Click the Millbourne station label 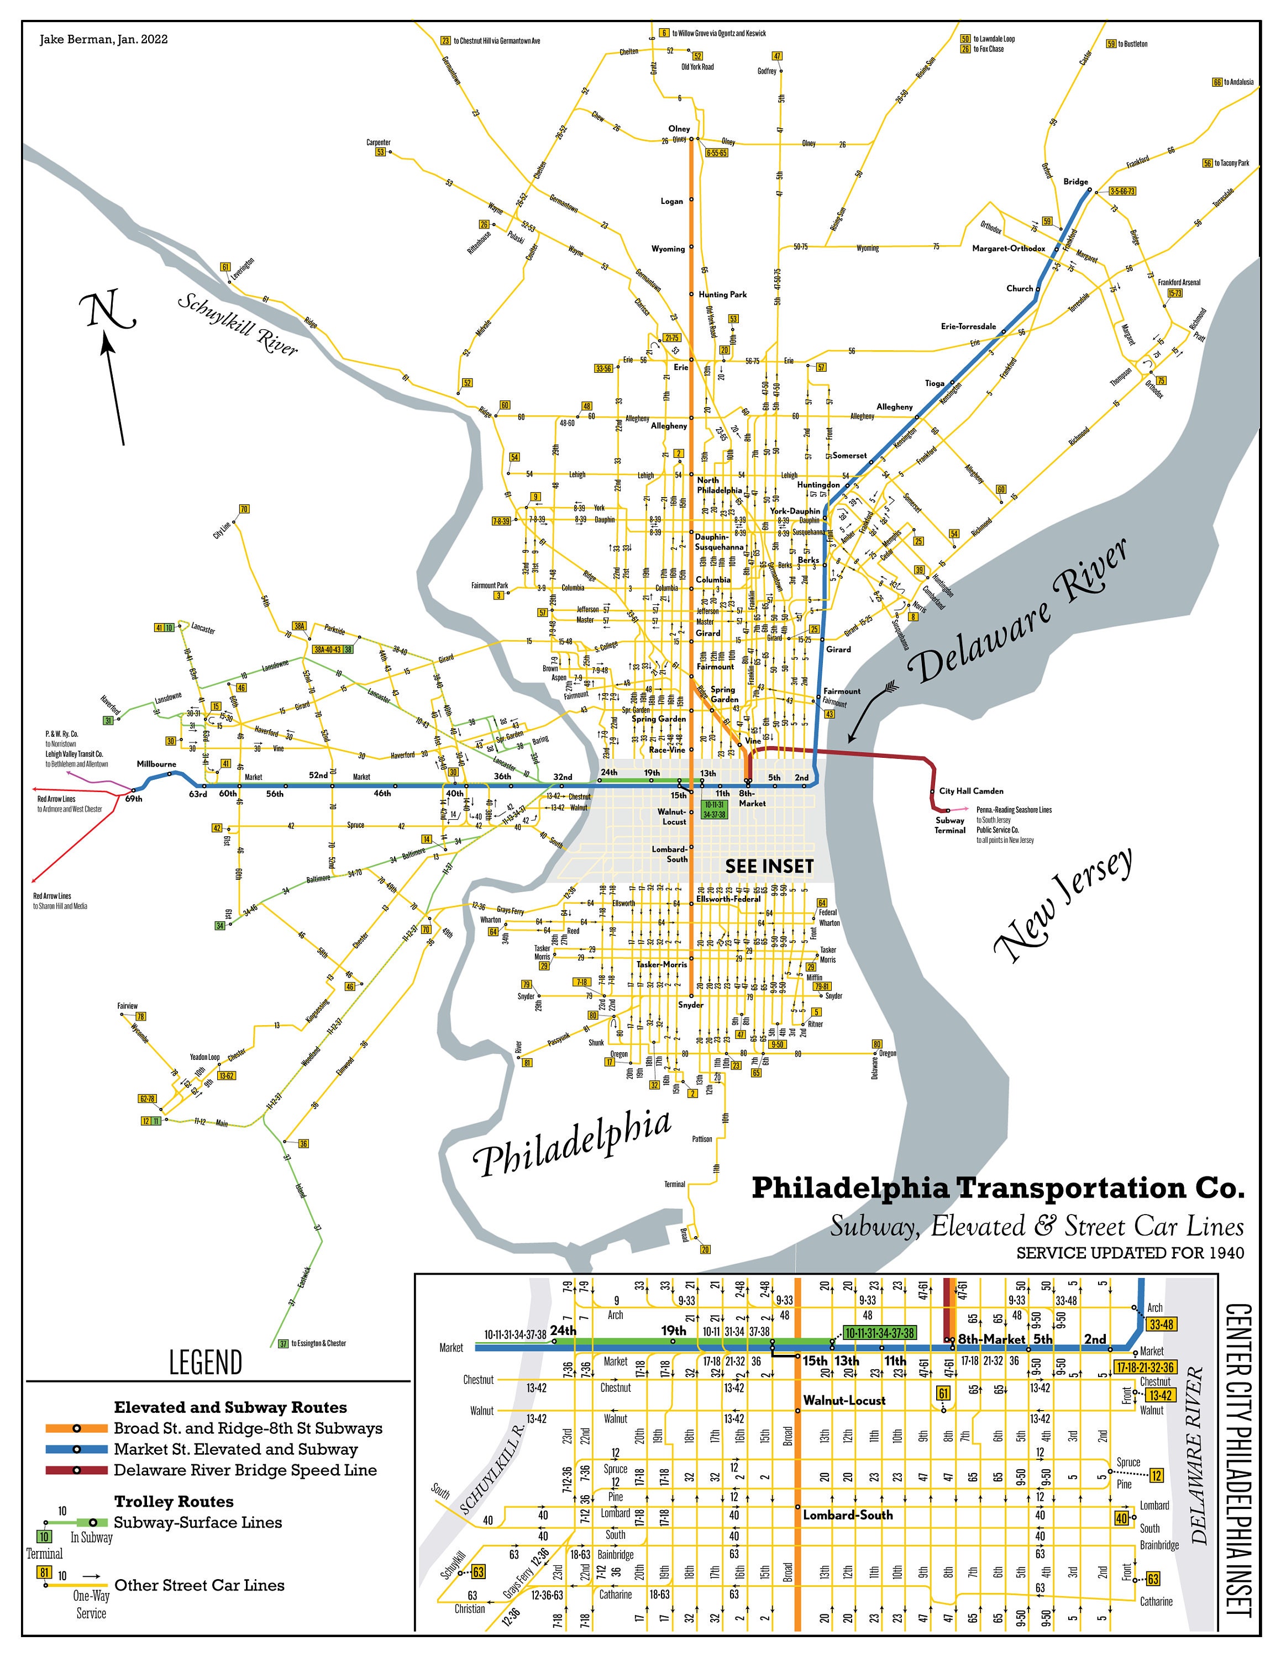click(x=156, y=764)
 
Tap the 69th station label click(x=134, y=799)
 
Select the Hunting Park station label click(x=722, y=294)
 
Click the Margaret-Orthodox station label click(x=1009, y=248)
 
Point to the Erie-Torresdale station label click(x=968, y=326)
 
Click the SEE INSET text click(x=769, y=867)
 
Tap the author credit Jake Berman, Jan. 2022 click(x=104, y=39)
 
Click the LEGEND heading click(x=206, y=1362)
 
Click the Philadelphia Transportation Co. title click(x=997, y=1188)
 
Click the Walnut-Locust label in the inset click(x=844, y=1400)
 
